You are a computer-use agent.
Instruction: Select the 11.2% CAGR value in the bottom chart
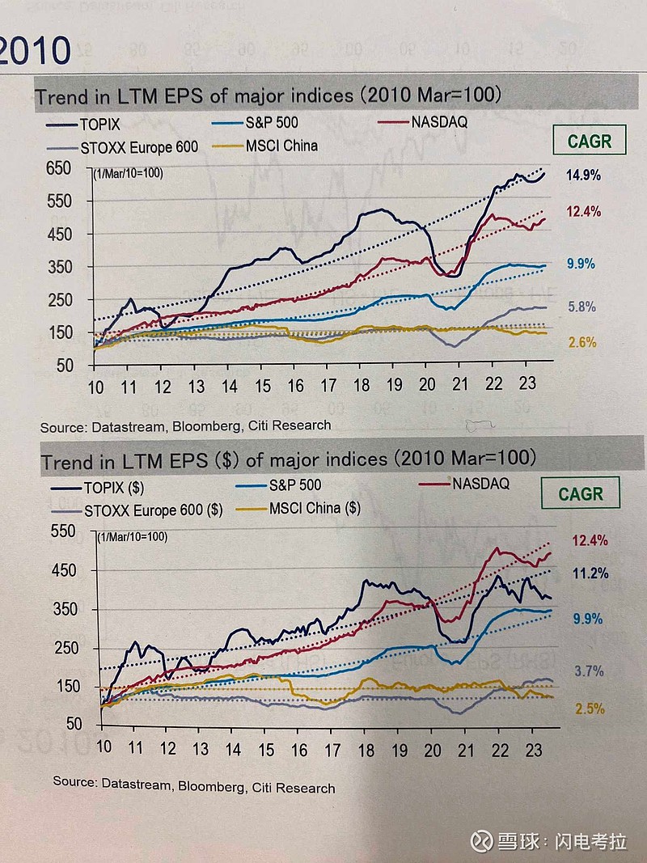pos(590,573)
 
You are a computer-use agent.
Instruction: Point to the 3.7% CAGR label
pos(589,671)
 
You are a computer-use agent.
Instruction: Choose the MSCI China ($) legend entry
pos(315,509)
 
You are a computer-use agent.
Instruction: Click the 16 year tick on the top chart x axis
pos(296,386)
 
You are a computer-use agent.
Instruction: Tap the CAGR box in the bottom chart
pos(581,493)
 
